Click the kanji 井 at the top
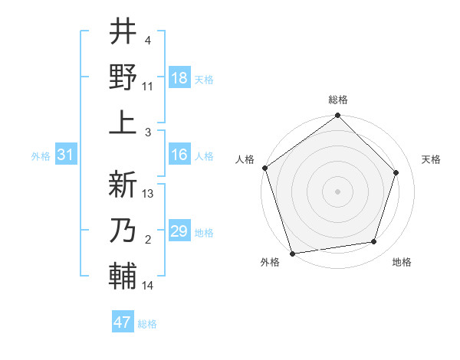pos(123,32)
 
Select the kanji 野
pos(123,77)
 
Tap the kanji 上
pos(123,122)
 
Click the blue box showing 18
pos(179,78)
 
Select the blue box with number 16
pos(179,155)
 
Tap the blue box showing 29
pos(179,231)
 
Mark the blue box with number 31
pos(65,155)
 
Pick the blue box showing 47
pos(123,322)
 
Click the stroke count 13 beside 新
pos(149,194)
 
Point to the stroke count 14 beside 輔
pos(148,286)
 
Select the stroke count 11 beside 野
pos(148,87)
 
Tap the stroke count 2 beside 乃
pos(148,240)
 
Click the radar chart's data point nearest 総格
pos(337,116)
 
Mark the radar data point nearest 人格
pos(264,168)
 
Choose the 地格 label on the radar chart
pos(402,263)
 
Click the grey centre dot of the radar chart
pos(337,191)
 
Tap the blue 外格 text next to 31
pos(41,155)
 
